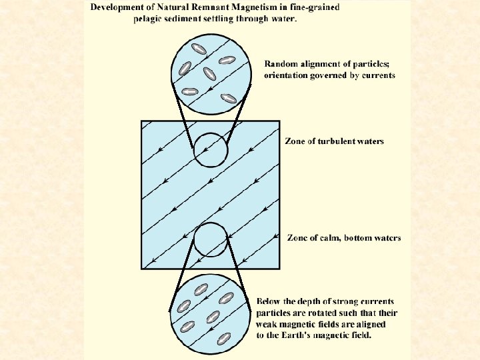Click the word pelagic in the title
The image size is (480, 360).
pyautogui.click(x=150, y=18)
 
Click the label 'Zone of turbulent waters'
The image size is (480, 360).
pyautogui.click(x=334, y=141)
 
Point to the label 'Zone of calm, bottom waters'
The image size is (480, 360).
pyautogui.click(x=343, y=238)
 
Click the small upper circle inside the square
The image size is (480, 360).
pyautogui.click(x=211, y=149)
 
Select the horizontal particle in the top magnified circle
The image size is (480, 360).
pyautogui.click(x=190, y=91)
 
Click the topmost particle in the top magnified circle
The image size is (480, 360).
pyautogui.click(x=199, y=48)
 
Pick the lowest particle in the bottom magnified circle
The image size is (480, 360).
pyautogui.click(x=224, y=338)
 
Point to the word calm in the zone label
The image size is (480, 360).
pyautogui.click(x=331, y=238)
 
